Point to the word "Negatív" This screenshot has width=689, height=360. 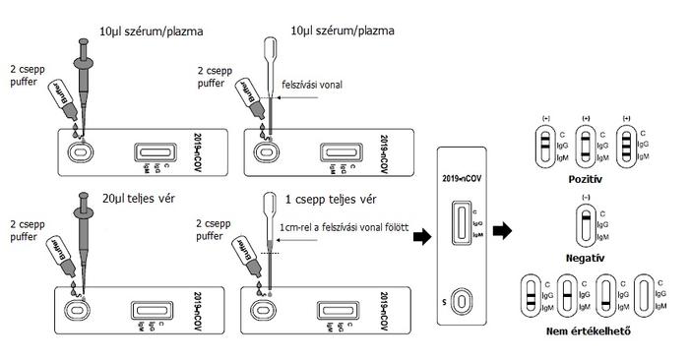click(x=585, y=258)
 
